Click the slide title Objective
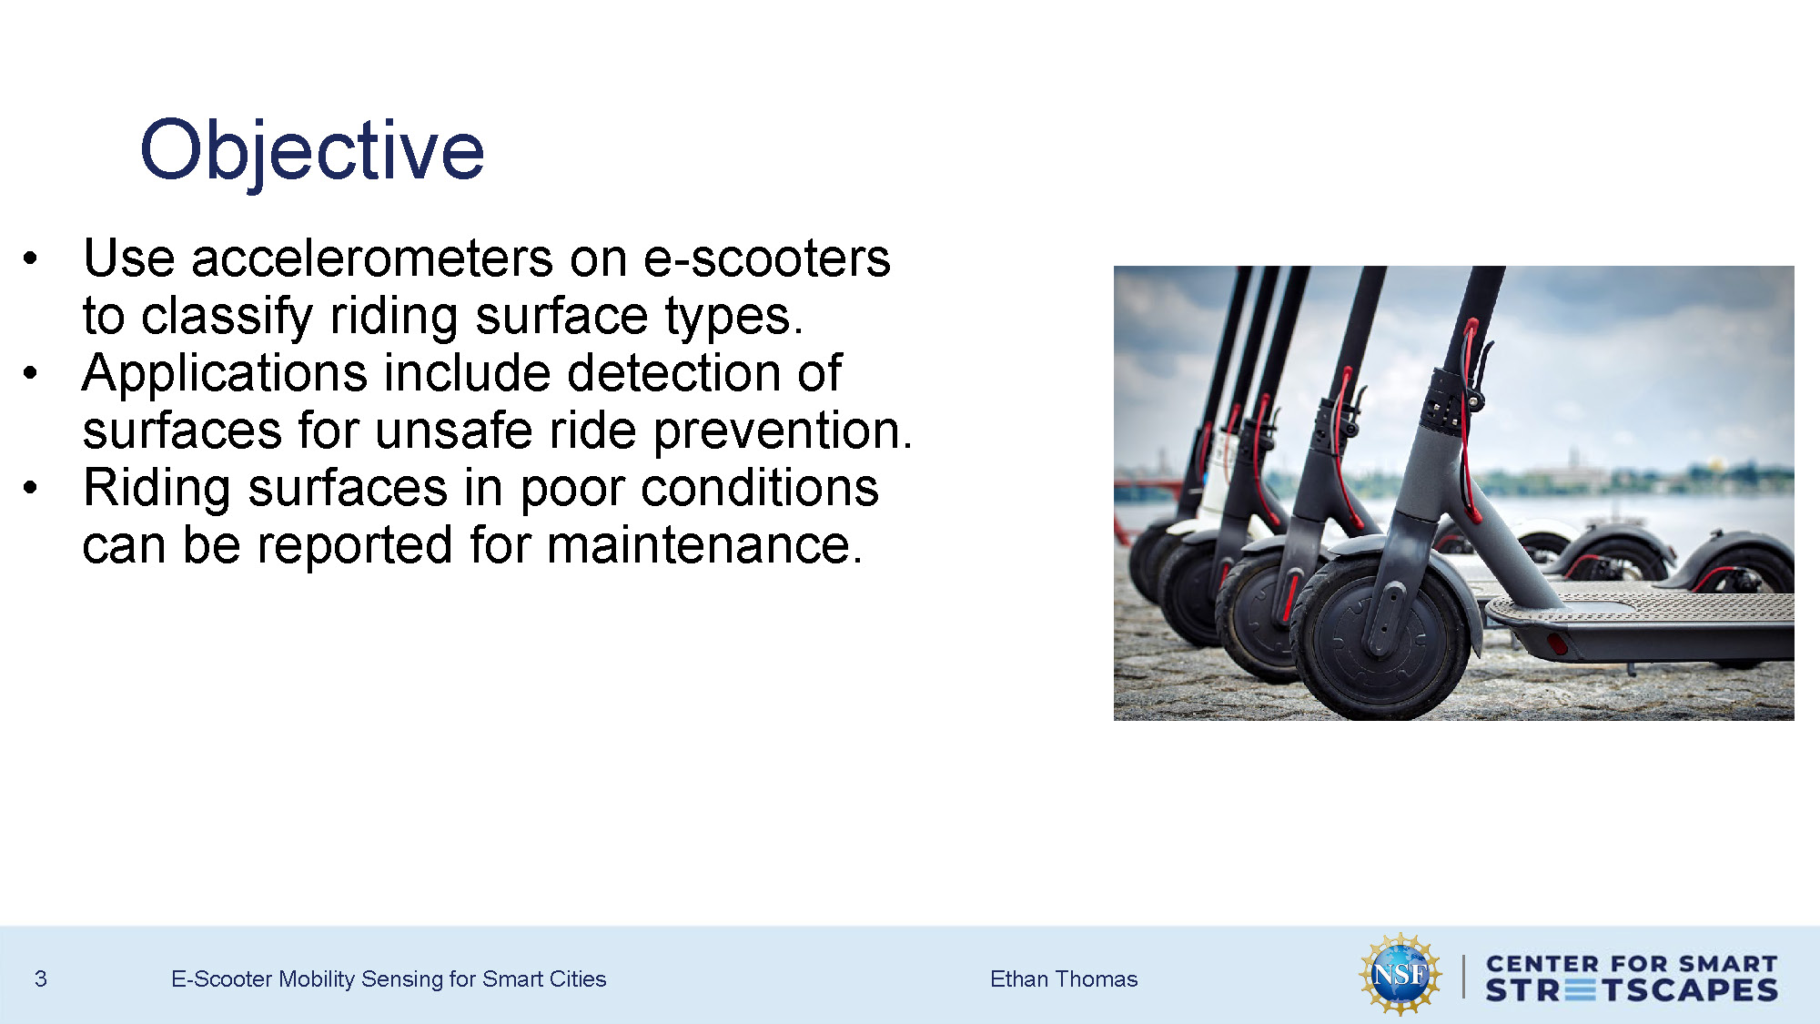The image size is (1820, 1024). (312, 150)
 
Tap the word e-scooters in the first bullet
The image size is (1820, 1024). (766, 259)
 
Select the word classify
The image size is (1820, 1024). (227, 317)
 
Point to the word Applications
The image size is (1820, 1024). (224, 374)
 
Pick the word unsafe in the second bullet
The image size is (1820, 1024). (453, 431)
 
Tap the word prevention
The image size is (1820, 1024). (782, 431)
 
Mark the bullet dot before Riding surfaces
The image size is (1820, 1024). (31, 488)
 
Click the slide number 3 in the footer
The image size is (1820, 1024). (40, 978)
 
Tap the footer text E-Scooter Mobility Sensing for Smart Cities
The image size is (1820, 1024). (388, 978)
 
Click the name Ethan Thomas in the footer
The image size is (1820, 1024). (1063, 978)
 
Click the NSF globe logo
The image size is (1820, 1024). (1400, 975)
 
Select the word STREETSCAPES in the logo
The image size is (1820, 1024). (1631, 990)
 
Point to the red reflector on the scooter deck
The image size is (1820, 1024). (1557, 644)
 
